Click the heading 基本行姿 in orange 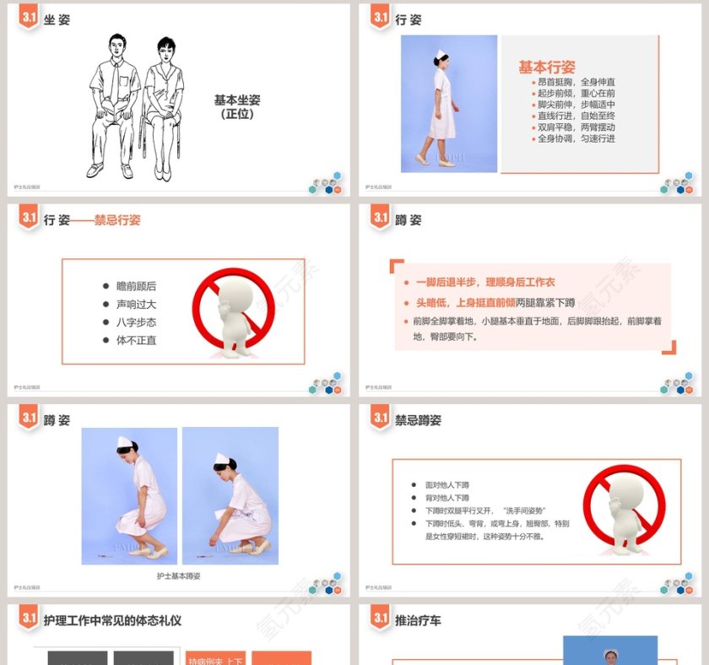[x=547, y=68]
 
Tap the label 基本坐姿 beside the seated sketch [x=237, y=100]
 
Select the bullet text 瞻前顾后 [x=136, y=286]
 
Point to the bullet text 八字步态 [x=136, y=322]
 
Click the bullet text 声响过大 [x=136, y=305]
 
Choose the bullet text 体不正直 [x=136, y=340]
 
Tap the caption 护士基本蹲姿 [x=179, y=576]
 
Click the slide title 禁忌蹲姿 [x=418, y=419]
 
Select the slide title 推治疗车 [x=418, y=620]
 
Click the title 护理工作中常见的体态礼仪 [x=112, y=620]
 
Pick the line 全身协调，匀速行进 [x=576, y=138]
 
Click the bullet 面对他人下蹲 [x=447, y=485]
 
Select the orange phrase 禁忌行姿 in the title [x=117, y=220]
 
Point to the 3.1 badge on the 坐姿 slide [x=29, y=17]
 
